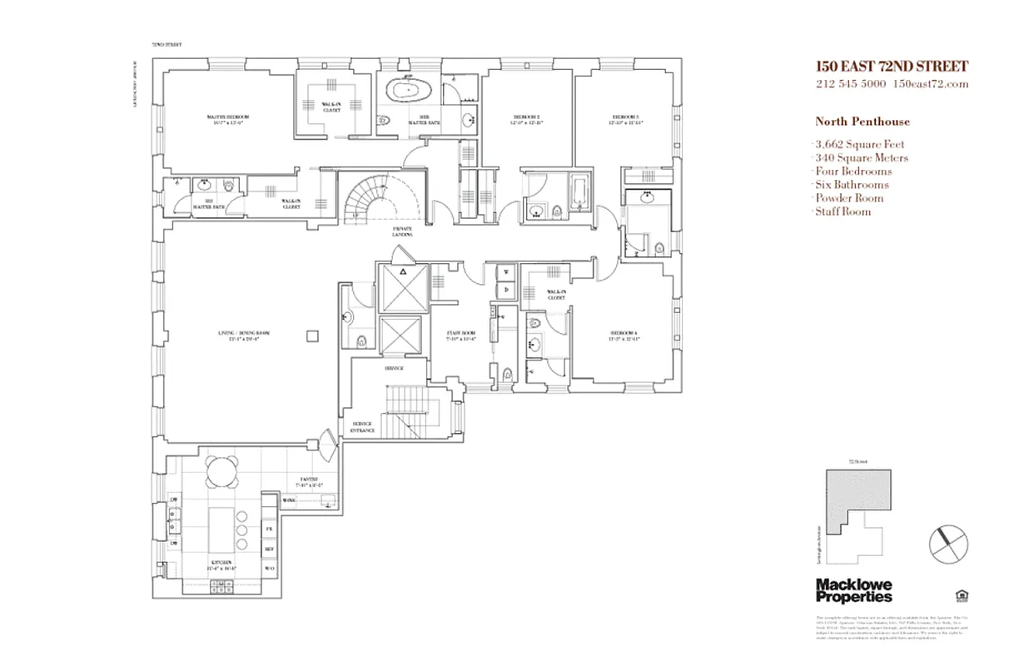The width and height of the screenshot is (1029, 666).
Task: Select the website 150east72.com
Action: (930, 84)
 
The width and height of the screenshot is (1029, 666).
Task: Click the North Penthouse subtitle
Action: (862, 122)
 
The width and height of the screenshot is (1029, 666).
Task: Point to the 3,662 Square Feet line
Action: (859, 145)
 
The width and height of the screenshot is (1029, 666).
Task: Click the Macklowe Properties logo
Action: (853, 590)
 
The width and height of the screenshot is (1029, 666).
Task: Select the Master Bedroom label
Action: (227, 117)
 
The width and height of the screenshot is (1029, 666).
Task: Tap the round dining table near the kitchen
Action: (221, 472)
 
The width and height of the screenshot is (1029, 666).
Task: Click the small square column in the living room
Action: (312, 335)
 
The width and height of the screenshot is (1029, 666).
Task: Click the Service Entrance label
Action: (363, 427)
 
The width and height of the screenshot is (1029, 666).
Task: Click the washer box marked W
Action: (505, 271)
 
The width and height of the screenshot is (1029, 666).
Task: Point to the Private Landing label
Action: (402, 232)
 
